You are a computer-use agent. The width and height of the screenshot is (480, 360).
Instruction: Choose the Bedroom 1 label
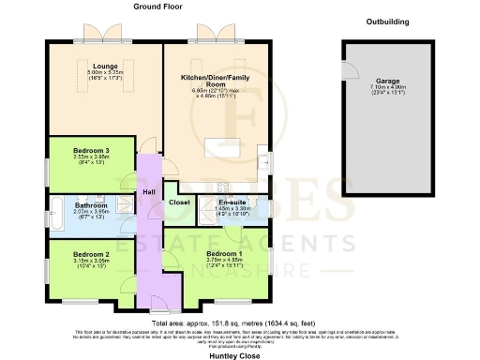(x=224, y=254)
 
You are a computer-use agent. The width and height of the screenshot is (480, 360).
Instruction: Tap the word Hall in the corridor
(x=149, y=192)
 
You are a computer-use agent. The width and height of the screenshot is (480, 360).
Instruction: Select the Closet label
(x=179, y=202)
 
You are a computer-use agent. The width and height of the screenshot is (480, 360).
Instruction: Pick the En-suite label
(x=232, y=202)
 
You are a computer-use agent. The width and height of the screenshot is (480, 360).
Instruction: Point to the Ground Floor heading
(x=157, y=7)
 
